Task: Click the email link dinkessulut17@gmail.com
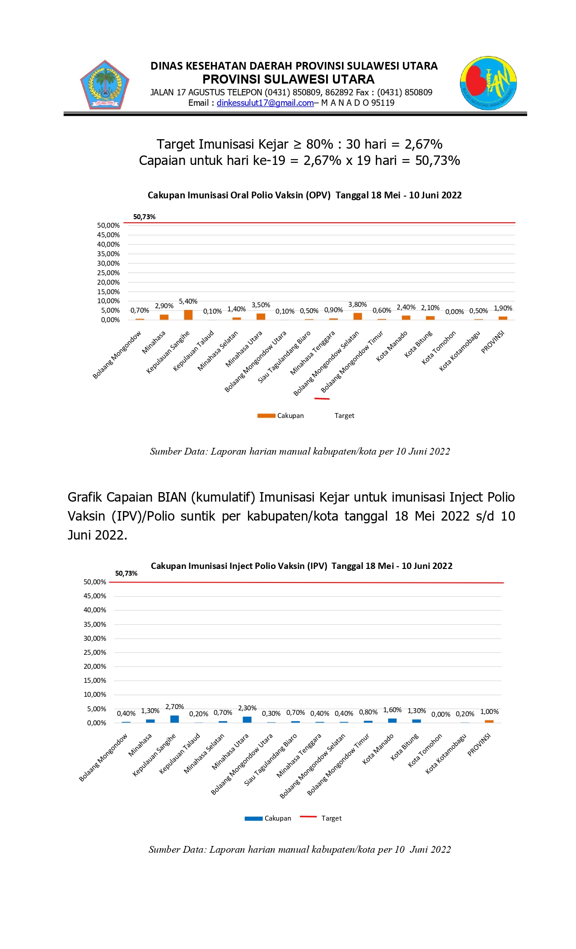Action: point(265,103)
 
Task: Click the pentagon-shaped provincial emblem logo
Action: point(105,85)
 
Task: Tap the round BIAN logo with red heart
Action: point(488,83)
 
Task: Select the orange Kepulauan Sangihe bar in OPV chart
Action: point(188,315)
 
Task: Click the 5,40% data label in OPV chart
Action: point(188,301)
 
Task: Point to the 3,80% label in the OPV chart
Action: point(357,305)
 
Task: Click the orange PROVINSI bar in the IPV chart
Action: point(489,721)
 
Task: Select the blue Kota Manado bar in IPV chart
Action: point(392,720)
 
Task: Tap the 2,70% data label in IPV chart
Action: point(174,707)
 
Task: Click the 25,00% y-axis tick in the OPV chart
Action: point(108,273)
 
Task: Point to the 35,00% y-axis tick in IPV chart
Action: point(95,625)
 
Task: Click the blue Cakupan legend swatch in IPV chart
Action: point(253,818)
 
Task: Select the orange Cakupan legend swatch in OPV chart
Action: point(266,416)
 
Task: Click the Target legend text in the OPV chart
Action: point(344,416)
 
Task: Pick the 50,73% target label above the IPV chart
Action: point(126,573)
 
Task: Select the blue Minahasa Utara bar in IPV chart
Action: point(247,719)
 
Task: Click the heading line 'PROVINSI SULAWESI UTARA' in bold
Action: point(288,80)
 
